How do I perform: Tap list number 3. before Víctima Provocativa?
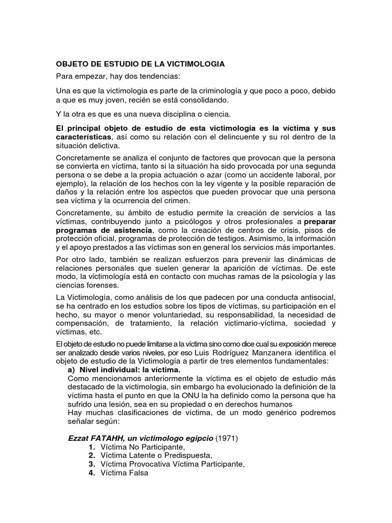click(x=92, y=464)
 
